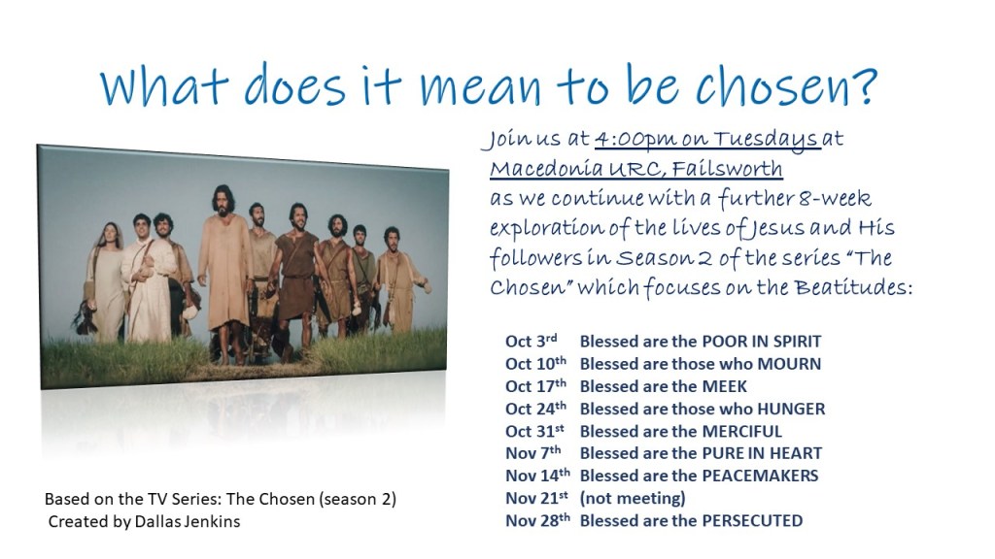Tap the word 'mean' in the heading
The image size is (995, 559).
[481, 88]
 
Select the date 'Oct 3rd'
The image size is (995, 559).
[532, 341]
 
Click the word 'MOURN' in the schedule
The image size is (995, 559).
[789, 364]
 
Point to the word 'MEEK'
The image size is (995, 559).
[724, 386]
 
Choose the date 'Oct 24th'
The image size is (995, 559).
[535, 409]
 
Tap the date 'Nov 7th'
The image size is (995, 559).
[533, 453]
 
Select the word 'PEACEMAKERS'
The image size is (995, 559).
[760, 476]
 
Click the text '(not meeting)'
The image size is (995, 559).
[633, 498]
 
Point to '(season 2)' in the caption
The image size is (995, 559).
[358, 500]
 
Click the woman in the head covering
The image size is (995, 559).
[107, 281]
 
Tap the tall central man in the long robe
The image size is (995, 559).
[224, 266]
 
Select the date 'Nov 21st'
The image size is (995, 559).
[536, 498]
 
